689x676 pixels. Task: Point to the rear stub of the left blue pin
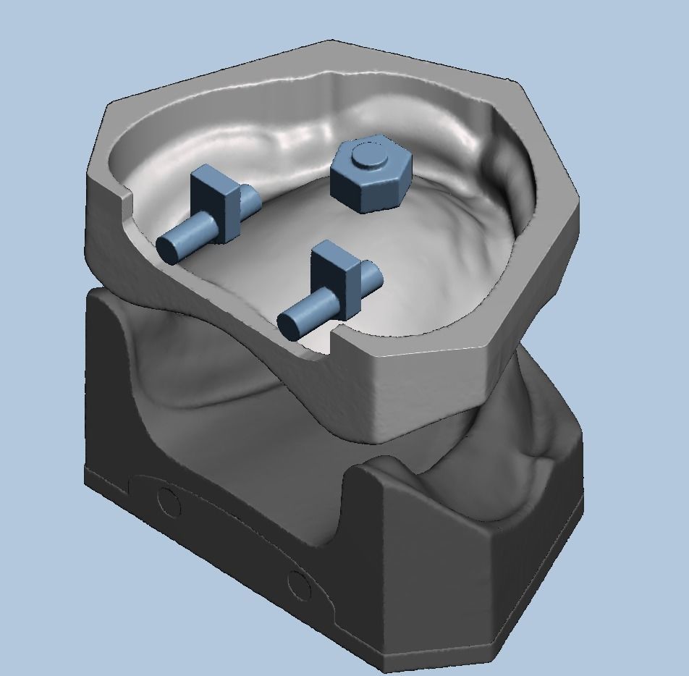click(248, 198)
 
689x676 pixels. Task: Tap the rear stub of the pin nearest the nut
click(370, 274)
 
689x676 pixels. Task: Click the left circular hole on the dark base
click(169, 501)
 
